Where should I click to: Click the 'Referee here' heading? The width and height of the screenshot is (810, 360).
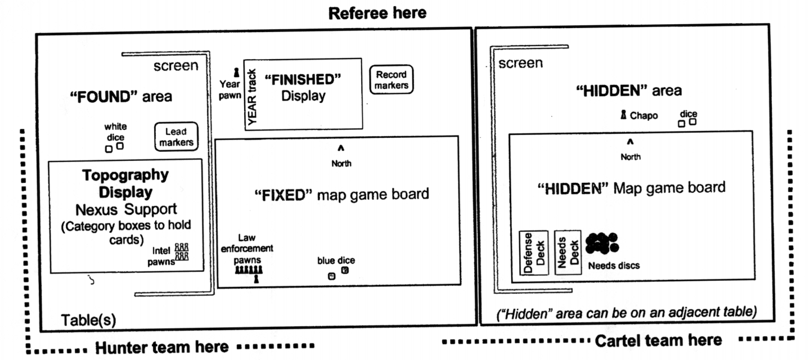pyautogui.click(x=377, y=13)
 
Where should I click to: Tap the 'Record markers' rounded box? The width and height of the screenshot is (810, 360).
pyautogui.click(x=391, y=80)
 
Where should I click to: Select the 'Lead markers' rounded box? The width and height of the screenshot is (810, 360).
pyautogui.click(x=176, y=137)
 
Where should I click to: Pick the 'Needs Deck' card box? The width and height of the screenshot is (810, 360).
pyautogui.click(x=568, y=253)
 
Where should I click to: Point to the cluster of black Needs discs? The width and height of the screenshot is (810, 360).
pyautogui.click(x=601, y=243)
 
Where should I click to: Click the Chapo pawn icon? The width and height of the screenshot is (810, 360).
pyautogui.click(x=623, y=115)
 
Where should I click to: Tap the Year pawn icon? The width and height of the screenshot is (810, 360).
pyautogui.click(x=236, y=73)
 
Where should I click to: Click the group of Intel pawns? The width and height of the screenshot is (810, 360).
pyautogui.click(x=181, y=251)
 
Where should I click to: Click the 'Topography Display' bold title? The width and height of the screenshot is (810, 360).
pyautogui.click(x=125, y=183)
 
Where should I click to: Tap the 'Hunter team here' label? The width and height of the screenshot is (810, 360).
pyautogui.click(x=161, y=347)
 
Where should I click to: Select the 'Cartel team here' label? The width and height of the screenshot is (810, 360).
pyautogui.click(x=658, y=340)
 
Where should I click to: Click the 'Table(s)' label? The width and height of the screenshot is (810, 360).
pyautogui.click(x=88, y=320)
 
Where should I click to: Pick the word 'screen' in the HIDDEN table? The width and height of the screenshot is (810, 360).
pyautogui.click(x=520, y=63)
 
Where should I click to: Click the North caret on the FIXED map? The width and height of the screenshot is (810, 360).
pyautogui.click(x=340, y=148)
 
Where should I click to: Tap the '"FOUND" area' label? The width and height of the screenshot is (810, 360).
pyautogui.click(x=121, y=97)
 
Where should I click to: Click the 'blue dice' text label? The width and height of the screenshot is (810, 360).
pyautogui.click(x=336, y=260)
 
